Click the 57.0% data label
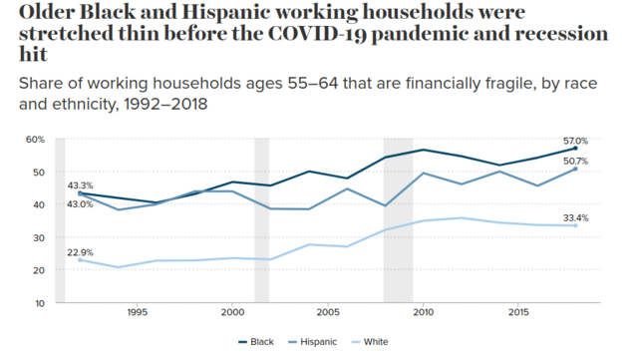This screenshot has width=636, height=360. pos(575,142)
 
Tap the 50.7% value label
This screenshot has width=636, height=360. pos(575,162)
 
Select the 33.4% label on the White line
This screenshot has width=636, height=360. pos(575,218)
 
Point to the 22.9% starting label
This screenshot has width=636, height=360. pos(80,252)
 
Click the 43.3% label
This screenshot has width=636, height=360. pos(80,185)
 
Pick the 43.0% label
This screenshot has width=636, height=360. pos(80,204)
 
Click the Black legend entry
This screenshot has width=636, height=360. pos(256,342)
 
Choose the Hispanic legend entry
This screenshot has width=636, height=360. pos(312,342)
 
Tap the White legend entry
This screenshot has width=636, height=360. pos(370,342)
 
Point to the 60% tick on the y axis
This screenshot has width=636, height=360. pos(35,140)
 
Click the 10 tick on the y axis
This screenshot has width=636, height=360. pos(39,303)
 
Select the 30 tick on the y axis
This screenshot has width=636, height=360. pos(39,237)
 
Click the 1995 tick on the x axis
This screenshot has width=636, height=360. pos(138,312)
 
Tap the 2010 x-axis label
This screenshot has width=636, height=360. pos(423,312)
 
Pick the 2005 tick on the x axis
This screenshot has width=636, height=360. pos(328,312)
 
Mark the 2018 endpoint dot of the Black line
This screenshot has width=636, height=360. pos(575,149)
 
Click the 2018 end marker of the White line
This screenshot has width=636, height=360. pos(575,225)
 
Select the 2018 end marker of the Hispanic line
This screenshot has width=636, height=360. pos(575,169)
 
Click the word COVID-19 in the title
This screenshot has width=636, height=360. pos(317,34)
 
